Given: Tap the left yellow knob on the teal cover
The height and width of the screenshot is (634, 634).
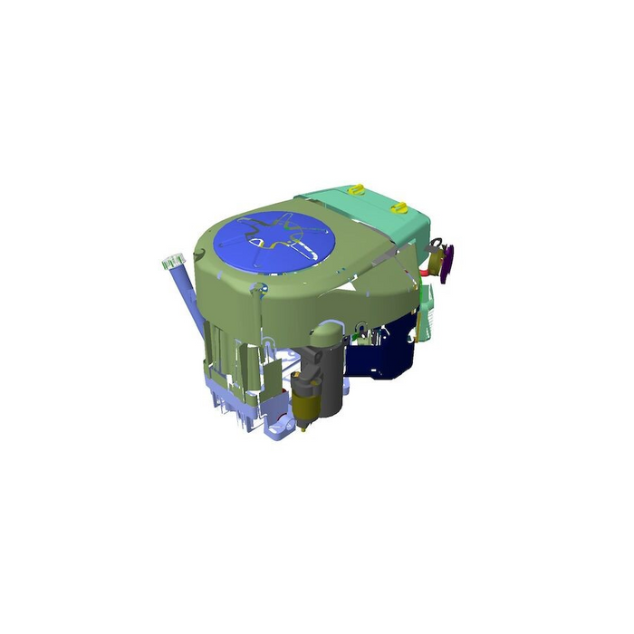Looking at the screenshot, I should pos(356,190).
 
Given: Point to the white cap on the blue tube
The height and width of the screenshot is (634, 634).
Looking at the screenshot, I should pos(172,262).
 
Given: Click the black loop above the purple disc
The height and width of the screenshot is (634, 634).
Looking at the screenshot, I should pos(438,242).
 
